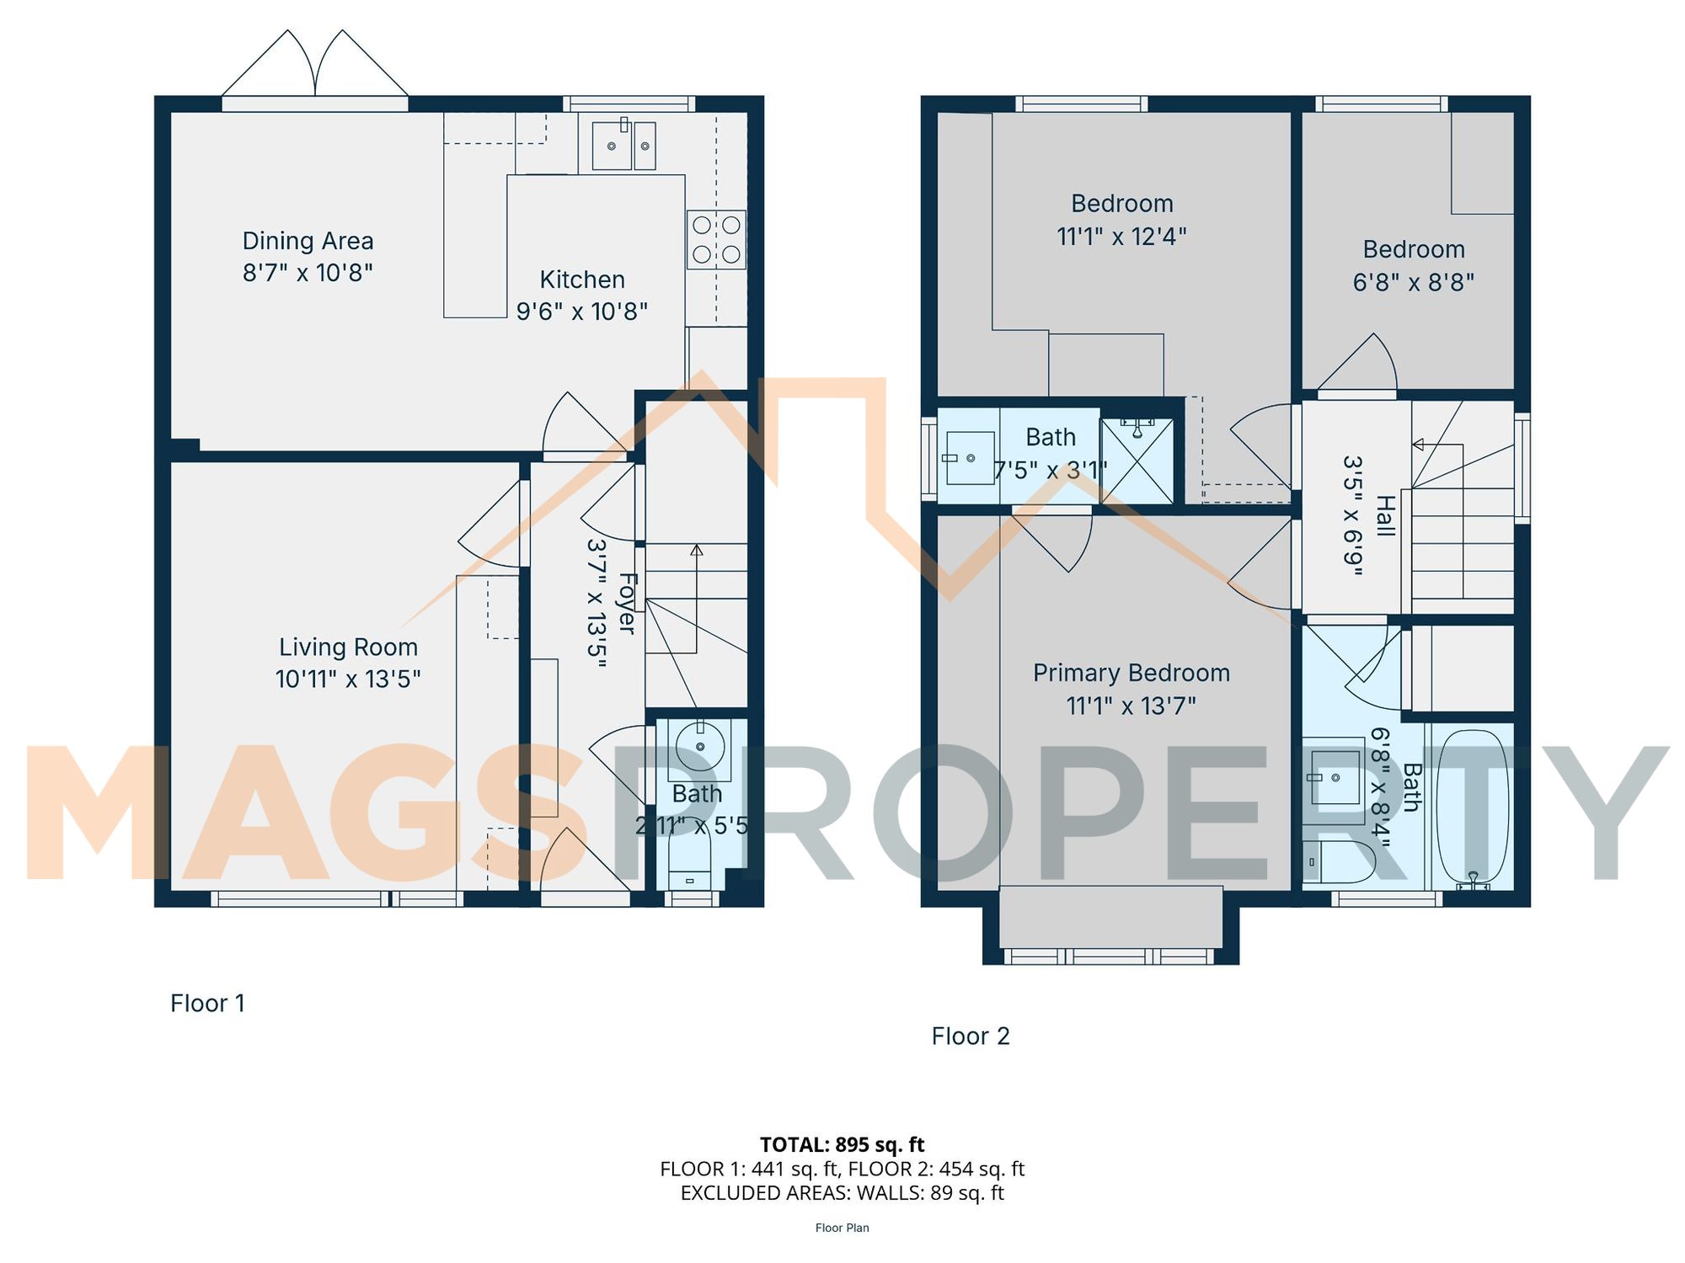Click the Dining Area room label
308,241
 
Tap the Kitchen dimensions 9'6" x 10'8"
581,312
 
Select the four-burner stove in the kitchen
716,239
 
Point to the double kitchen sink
623,146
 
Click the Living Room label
348,647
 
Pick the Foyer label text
627,603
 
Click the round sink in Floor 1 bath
700,746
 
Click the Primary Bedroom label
1131,673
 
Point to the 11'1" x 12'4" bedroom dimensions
1121,237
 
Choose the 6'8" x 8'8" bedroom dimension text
1413,282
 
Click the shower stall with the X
1137,461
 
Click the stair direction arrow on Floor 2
1419,445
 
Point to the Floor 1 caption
207,1003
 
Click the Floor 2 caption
970,1036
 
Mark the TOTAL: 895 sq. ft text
842,1144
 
